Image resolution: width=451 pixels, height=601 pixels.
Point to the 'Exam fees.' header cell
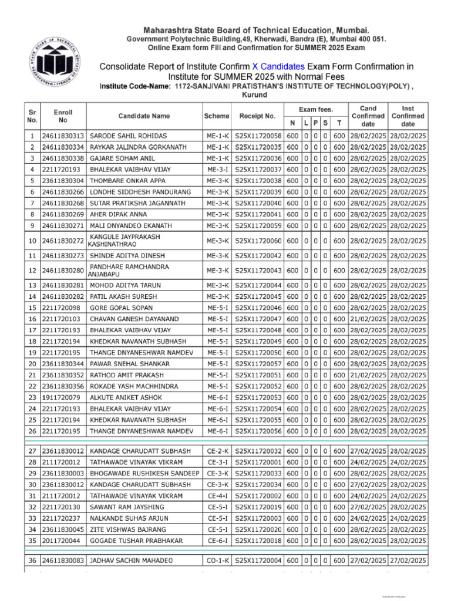coord(315,109)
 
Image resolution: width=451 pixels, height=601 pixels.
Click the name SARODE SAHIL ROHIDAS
coord(128,136)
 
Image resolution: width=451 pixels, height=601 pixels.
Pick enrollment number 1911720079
coord(61,397)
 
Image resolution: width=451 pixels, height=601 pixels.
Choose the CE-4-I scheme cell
coord(217,495)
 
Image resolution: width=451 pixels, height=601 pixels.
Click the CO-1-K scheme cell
coord(217,561)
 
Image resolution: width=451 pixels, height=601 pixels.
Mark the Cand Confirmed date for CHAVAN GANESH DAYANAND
coord(368,319)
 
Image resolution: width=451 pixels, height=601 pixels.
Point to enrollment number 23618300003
coord(63,473)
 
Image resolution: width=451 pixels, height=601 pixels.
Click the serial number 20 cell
coord(32,363)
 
